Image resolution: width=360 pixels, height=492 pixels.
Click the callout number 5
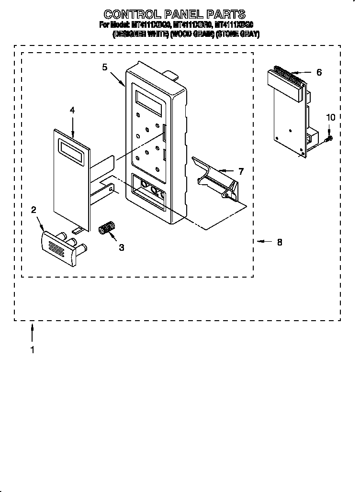point(104,67)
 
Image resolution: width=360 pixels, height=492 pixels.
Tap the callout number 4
point(72,110)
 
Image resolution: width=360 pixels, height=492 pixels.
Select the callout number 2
point(34,210)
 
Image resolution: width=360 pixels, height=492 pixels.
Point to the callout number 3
point(121,247)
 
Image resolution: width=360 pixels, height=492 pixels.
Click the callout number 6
point(319,72)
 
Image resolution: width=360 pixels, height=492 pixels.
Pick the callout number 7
point(241,170)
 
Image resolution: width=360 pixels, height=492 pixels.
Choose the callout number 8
point(279,242)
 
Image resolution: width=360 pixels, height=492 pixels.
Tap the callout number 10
point(330,117)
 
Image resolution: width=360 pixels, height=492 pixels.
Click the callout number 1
point(32,350)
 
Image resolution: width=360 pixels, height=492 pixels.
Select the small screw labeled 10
point(328,139)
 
